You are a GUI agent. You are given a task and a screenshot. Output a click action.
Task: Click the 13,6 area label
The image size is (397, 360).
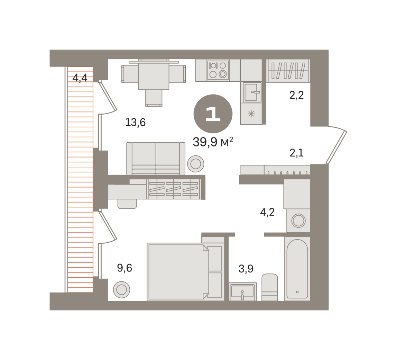click(x=136, y=123)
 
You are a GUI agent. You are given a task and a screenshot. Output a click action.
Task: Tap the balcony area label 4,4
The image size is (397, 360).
click(x=80, y=78)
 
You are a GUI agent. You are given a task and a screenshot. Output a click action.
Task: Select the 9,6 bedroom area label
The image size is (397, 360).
click(x=124, y=268)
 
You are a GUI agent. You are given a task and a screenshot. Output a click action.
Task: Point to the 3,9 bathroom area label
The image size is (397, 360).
click(x=246, y=269)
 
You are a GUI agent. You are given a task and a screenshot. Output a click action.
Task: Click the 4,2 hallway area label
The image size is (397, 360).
click(x=267, y=212)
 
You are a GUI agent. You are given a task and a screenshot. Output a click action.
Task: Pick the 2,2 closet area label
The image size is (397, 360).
click(x=296, y=95)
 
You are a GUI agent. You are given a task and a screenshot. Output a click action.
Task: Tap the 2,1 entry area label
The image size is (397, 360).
click(x=296, y=153)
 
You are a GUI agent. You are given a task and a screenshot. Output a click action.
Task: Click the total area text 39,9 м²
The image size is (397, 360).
click(x=213, y=142)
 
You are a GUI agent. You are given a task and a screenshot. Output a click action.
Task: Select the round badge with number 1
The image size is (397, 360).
click(x=213, y=114)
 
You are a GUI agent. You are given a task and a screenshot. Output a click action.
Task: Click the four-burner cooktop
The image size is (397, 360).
click(x=218, y=70)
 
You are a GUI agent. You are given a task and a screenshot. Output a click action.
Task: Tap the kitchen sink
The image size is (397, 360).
click(x=252, y=92)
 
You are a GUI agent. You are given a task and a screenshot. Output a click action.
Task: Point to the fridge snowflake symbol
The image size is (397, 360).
click(x=251, y=114)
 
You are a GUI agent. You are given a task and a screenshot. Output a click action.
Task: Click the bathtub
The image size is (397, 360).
click(x=297, y=269)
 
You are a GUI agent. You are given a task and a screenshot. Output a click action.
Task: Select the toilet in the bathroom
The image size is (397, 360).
click(x=270, y=287)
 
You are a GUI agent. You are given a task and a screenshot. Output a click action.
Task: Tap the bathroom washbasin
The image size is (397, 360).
click(x=242, y=291)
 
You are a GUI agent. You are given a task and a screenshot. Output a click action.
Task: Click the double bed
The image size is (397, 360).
click(x=178, y=271)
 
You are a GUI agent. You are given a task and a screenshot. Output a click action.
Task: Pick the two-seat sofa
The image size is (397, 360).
click(x=156, y=159)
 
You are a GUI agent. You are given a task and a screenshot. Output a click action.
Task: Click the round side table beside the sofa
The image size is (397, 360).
click(x=196, y=163)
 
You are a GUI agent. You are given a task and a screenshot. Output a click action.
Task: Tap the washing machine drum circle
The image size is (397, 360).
click(x=298, y=220)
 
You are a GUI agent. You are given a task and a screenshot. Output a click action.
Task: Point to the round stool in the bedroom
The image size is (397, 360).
click(x=121, y=289)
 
